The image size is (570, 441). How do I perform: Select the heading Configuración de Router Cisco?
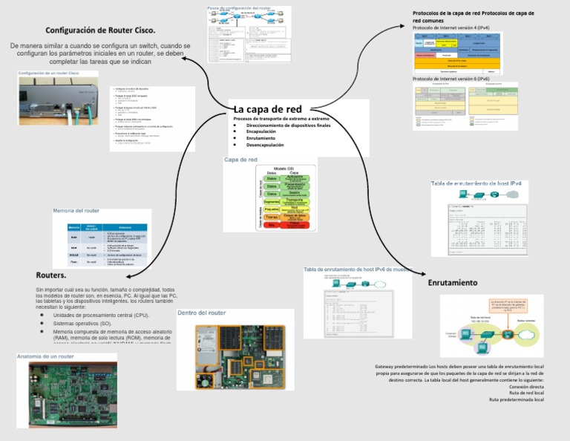pos(100,30)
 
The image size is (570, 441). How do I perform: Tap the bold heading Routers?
pos(51,275)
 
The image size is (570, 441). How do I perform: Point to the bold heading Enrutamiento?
pos(453,283)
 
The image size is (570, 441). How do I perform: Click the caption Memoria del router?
pos(76,211)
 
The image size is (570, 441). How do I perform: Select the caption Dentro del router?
pos(201,313)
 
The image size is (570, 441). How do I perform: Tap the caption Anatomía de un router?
pos(45,356)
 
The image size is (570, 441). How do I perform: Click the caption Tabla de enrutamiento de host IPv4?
pos(476,183)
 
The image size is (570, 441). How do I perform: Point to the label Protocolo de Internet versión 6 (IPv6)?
pos(451,79)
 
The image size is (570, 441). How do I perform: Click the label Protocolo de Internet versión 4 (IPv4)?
pos(451,27)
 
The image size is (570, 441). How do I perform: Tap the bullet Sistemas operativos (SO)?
pos(82,324)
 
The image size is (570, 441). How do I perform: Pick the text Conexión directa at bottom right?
pos(526,386)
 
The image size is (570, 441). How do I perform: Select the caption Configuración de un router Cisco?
pos(47,73)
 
